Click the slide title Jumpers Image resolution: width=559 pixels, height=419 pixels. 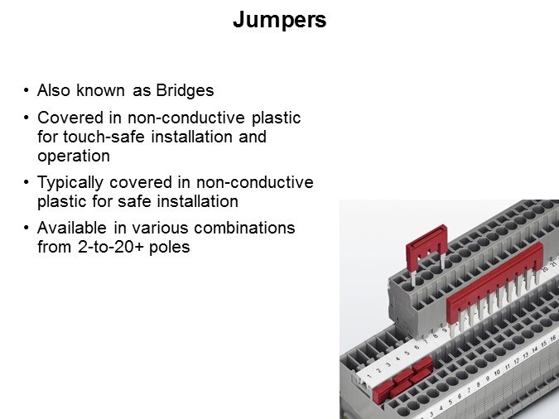coord(280,20)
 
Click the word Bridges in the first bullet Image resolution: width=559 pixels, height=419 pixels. coord(185,90)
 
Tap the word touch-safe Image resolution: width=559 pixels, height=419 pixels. coord(104,137)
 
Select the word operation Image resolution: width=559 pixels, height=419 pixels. coord(74,157)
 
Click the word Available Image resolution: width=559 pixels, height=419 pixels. coord(72,228)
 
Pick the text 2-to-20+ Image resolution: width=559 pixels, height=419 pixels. coord(110,247)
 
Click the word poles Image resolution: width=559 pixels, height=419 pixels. coord(170,247)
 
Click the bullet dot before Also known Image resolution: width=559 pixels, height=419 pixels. coord(26,90)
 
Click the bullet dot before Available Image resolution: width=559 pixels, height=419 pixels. coord(26,227)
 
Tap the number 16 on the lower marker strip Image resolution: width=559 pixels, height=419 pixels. coord(553,338)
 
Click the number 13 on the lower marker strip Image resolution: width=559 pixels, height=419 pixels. coord(526,355)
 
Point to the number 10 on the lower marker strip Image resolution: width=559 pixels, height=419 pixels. coord(498,373)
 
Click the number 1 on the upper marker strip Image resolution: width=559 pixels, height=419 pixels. coord(369,375)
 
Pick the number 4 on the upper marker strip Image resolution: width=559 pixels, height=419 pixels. coord(398,359)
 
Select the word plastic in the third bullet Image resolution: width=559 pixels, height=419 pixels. coord(61,202)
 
